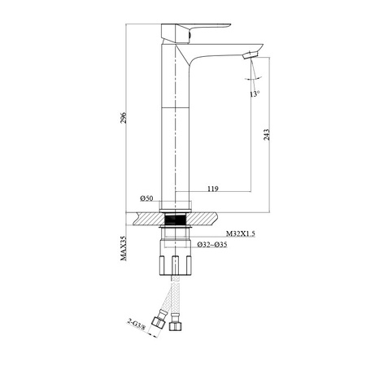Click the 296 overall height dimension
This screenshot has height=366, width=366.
(124, 118)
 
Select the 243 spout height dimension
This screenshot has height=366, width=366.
(267, 135)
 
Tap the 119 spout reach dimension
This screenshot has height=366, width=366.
(213, 189)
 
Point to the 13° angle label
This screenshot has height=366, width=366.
(255, 94)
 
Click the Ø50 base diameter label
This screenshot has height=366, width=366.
(146, 198)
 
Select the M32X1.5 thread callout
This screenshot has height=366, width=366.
(241, 233)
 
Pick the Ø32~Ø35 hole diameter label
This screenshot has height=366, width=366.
(212, 245)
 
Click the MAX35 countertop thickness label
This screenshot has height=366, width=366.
(124, 248)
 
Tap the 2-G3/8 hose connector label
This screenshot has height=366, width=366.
(137, 325)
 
